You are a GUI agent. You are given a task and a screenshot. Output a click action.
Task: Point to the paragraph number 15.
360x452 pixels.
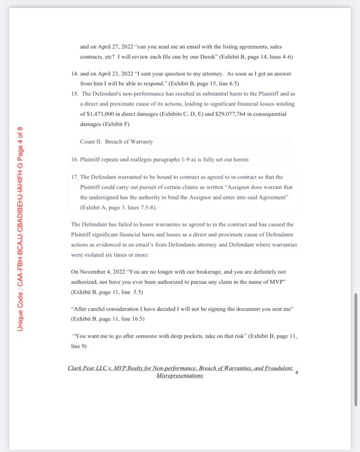click(75, 93)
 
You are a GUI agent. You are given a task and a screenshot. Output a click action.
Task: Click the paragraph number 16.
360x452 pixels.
click(75, 160)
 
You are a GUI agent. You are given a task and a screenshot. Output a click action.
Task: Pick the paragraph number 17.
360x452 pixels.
click(75, 178)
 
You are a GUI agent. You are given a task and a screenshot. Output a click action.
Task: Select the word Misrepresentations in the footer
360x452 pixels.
click(180, 376)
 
